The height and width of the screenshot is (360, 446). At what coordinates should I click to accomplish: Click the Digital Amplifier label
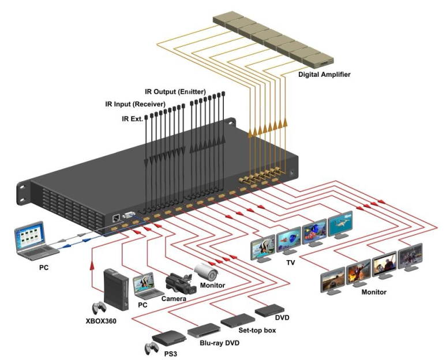point(324,74)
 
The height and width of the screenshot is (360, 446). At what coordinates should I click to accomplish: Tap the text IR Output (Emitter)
point(175,92)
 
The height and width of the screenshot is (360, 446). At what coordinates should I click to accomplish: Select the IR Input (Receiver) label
point(134,104)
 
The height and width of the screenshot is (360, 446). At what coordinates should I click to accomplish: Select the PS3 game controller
point(151,348)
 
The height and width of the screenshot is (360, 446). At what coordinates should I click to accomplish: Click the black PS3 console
point(167,337)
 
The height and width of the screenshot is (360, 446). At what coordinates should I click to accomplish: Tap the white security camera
point(205,270)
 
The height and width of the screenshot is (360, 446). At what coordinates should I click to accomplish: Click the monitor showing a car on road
point(332,281)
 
